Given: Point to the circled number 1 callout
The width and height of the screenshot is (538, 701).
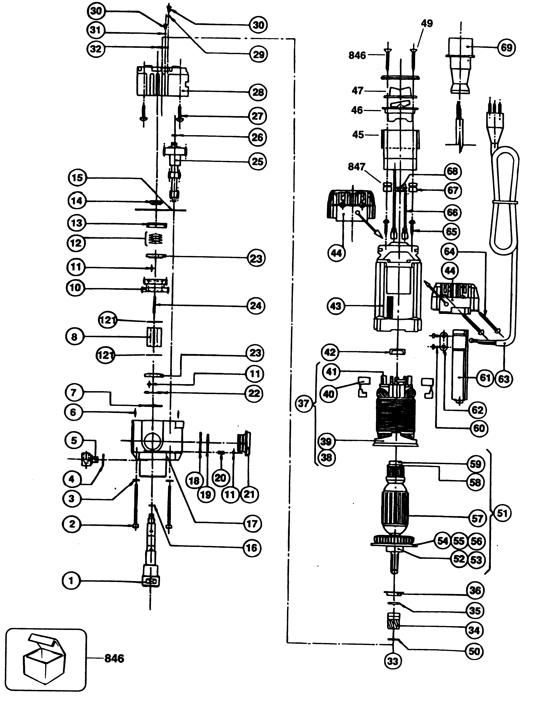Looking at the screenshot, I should point(71,581).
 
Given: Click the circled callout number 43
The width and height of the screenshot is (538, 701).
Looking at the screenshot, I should point(336,306).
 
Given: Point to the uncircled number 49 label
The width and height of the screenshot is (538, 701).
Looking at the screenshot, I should point(426,23).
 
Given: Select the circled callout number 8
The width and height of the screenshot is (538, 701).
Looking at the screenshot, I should point(74,337).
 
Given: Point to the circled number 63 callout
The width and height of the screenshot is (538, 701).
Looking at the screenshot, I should point(503,379).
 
